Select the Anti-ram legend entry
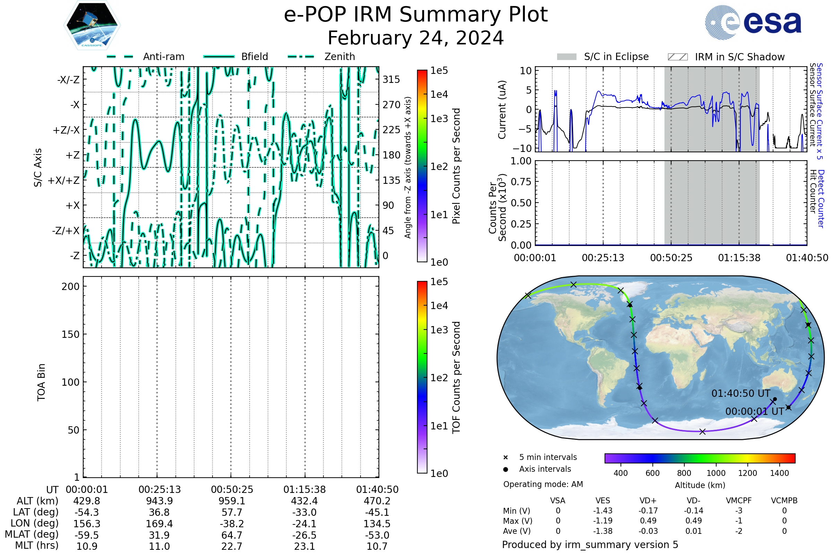point(163,57)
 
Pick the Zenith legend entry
point(339,57)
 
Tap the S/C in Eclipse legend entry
point(616,57)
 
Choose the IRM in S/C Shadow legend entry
point(739,57)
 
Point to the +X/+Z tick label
point(64,180)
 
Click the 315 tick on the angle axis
point(391,79)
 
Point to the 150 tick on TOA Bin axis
point(70,334)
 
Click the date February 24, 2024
point(416,38)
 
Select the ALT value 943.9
point(159,501)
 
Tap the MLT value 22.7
point(232,546)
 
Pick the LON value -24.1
point(305,523)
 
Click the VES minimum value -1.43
point(603,511)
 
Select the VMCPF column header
point(739,501)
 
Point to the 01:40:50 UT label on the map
point(741,394)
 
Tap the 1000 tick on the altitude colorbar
point(716,473)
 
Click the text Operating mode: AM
point(543,484)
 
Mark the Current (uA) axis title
point(502,110)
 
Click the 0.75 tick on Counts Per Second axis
point(521,182)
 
